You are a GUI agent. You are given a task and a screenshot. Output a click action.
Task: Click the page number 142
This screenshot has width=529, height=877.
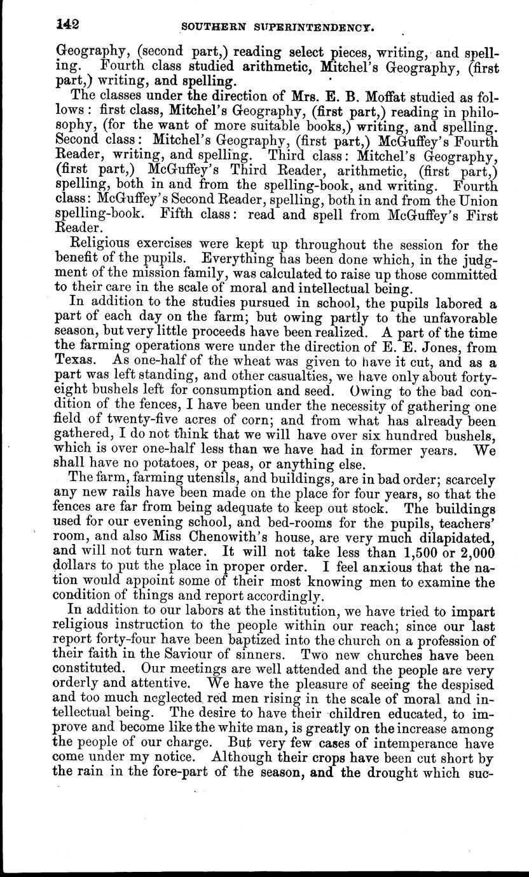click(66, 25)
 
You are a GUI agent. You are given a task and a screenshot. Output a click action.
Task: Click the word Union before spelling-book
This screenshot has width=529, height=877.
click(477, 201)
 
